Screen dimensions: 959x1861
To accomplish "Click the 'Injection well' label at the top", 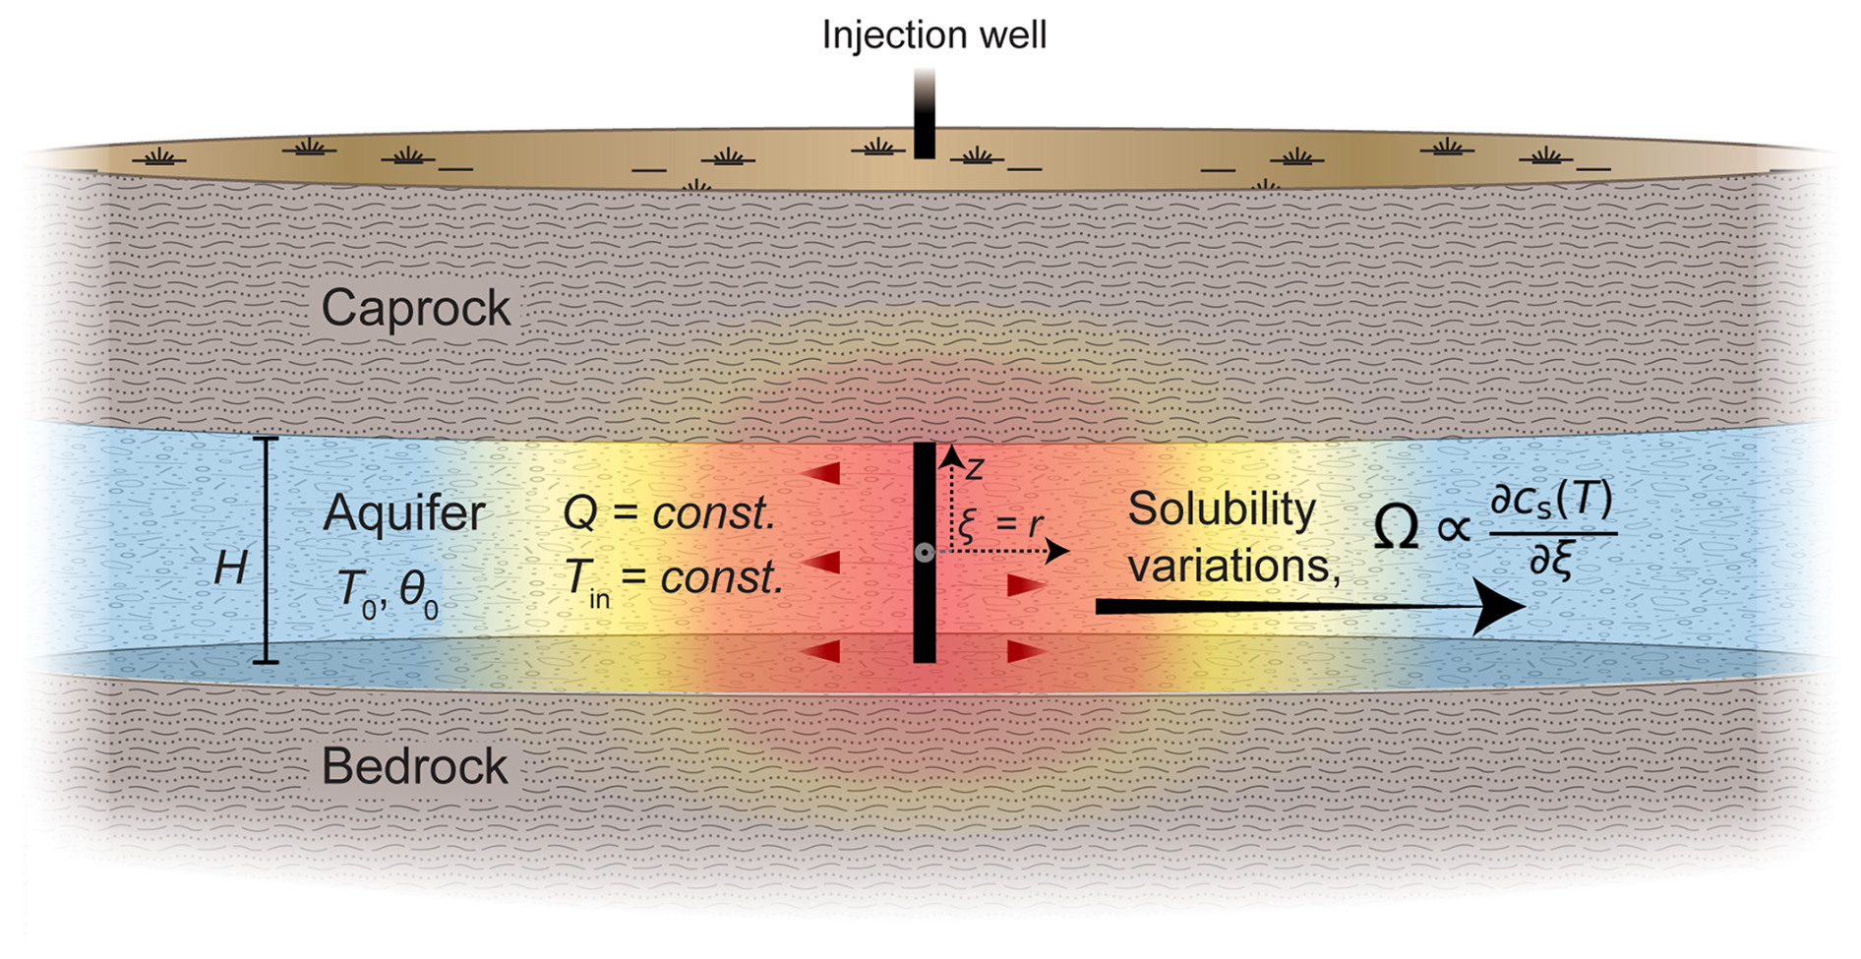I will (933, 35).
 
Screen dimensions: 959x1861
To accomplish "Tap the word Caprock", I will (415, 309).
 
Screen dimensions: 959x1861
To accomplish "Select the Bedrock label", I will (414, 766).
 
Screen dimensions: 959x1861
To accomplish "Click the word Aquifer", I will (404, 513).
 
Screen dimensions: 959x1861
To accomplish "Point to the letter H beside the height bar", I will (231, 568).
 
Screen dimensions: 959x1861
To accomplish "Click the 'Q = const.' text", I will (669, 513).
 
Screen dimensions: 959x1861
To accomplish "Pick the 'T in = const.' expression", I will (673, 578).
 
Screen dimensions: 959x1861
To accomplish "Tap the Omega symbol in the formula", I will (1396, 528).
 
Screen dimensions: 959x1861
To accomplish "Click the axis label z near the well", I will (974, 469).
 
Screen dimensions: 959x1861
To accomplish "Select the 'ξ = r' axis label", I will (999, 524).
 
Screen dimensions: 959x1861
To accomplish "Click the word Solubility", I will (1221, 509).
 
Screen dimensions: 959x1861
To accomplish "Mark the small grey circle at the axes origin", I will (924, 553).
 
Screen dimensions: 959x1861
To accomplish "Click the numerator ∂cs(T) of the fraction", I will (1551, 502).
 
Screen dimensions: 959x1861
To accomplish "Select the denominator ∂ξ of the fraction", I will (1551, 560).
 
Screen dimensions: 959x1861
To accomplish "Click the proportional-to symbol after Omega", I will (1454, 529).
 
